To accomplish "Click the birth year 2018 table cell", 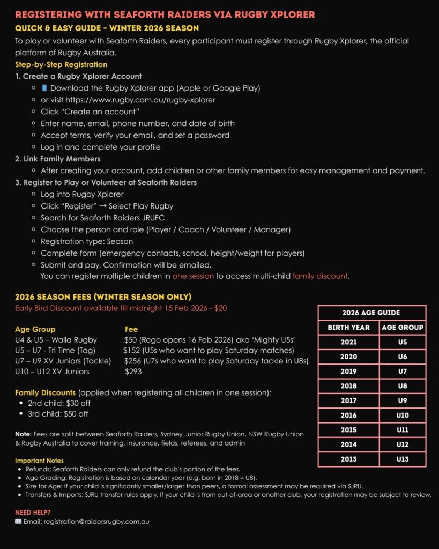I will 348,385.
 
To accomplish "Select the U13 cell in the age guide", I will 403,459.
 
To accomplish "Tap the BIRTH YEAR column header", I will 348,327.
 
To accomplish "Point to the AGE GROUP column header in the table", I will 403,327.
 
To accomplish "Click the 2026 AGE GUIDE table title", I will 371,313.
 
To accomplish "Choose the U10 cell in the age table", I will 403,415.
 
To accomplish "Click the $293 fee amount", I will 133,371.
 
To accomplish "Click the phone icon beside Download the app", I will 44,88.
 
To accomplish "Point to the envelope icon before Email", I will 19,521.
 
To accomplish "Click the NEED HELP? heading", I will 33,513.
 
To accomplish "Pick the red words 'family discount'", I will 320,277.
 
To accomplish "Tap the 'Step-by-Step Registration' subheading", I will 61,64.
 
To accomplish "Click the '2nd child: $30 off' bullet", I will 58,403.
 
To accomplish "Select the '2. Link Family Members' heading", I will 58,159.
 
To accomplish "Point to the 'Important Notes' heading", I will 39,461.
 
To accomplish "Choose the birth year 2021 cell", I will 348,342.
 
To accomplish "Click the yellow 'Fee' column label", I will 131,329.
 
